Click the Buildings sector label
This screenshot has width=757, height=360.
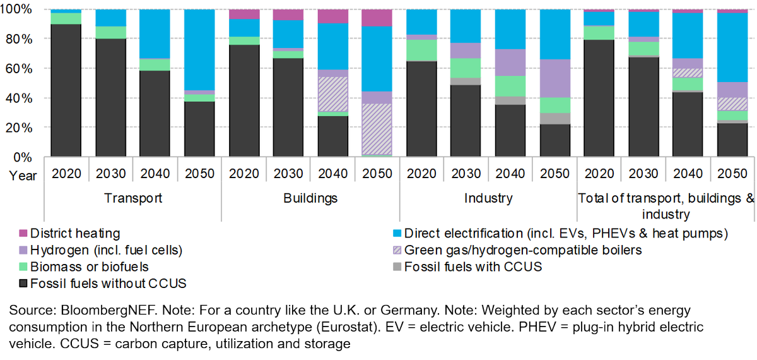pyautogui.click(x=310, y=198)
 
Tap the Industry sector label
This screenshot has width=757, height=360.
pyautogui.click(x=488, y=198)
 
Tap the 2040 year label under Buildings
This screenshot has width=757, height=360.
pyautogui.click(x=332, y=174)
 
